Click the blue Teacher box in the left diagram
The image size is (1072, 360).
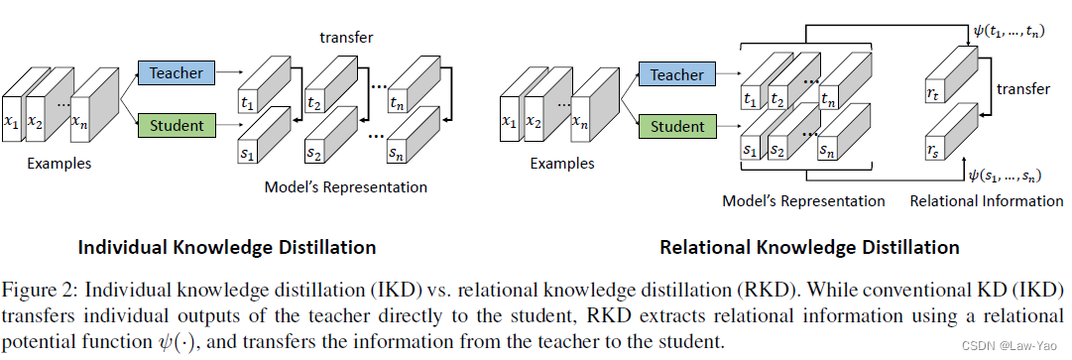[x=177, y=73]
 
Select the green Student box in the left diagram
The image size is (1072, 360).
[x=177, y=126]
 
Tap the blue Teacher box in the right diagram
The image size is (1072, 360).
[x=676, y=75]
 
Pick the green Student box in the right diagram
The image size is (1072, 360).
[x=676, y=127]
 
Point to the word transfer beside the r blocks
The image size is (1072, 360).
[x=1022, y=89]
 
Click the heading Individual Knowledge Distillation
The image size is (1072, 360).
[x=226, y=247]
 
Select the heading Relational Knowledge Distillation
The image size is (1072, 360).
[x=809, y=247]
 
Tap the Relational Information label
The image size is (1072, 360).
[x=986, y=201]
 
